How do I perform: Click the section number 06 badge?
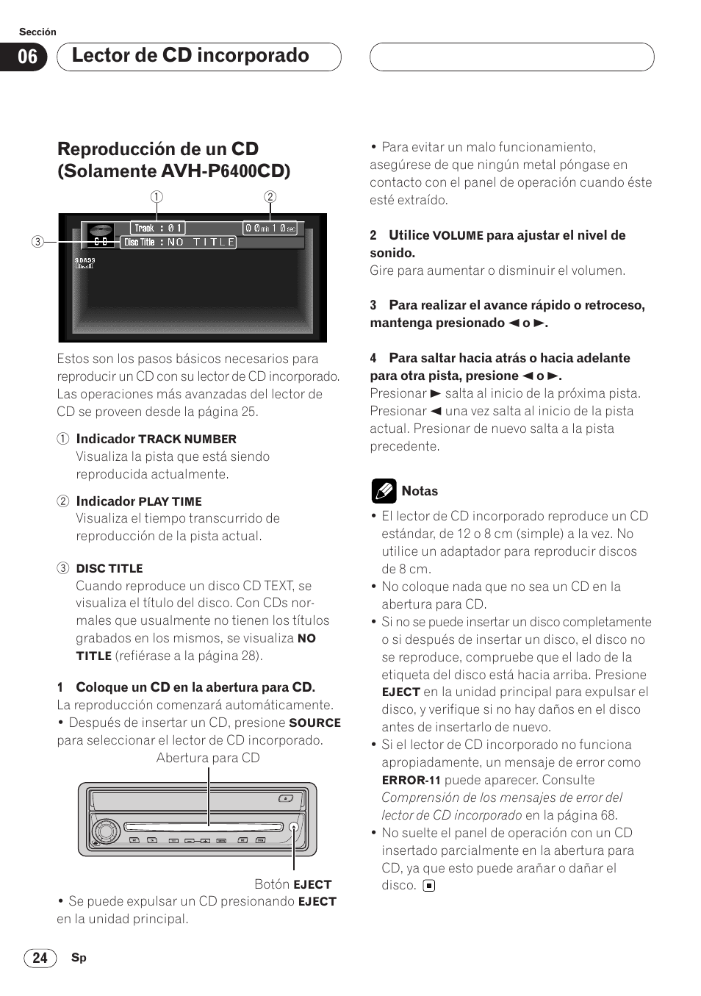click(28, 57)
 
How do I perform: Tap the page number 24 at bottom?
click(40, 957)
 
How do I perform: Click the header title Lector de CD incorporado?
click(190, 56)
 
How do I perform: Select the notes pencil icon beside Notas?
click(384, 490)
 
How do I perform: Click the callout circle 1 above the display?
click(157, 196)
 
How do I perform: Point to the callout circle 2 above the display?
click(270, 196)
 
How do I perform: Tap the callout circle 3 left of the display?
click(37, 241)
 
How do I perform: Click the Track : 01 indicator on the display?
click(158, 228)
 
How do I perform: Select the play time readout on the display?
click(270, 228)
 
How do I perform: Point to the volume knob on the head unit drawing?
click(105, 831)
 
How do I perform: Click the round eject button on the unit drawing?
click(293, 827)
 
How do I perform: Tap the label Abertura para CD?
click(208, 758)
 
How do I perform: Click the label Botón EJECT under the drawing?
click(292, 884)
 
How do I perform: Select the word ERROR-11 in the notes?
click(411, 780)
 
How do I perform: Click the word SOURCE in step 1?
click(314, 723)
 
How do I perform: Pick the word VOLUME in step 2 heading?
click(458, 235)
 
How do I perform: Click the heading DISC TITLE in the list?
click(109, 568)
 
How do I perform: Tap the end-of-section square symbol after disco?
click(429, 886)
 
